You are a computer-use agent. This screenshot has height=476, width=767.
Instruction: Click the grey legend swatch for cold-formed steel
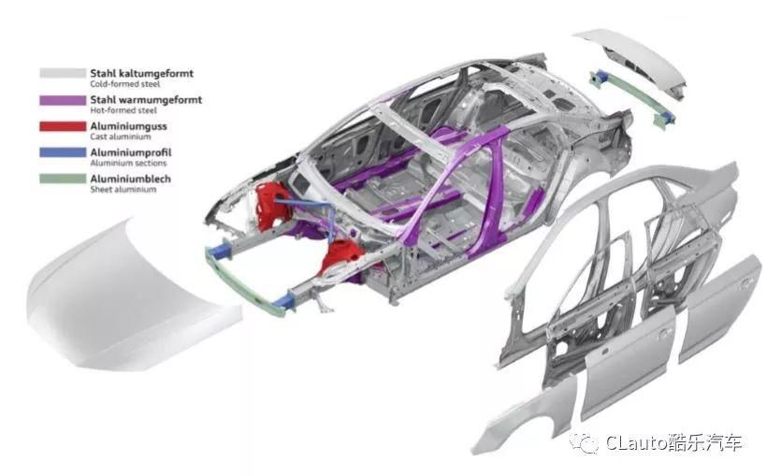point(61,72)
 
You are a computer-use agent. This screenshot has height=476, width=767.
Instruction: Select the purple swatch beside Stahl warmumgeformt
point(61,98)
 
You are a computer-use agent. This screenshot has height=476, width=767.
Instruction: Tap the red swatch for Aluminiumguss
point(61,124)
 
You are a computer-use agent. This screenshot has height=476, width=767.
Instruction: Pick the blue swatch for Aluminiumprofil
point(61,151)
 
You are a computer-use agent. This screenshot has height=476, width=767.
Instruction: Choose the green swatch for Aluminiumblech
point(61,177)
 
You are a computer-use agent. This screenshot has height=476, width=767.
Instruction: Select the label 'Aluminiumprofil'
point(130,151)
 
